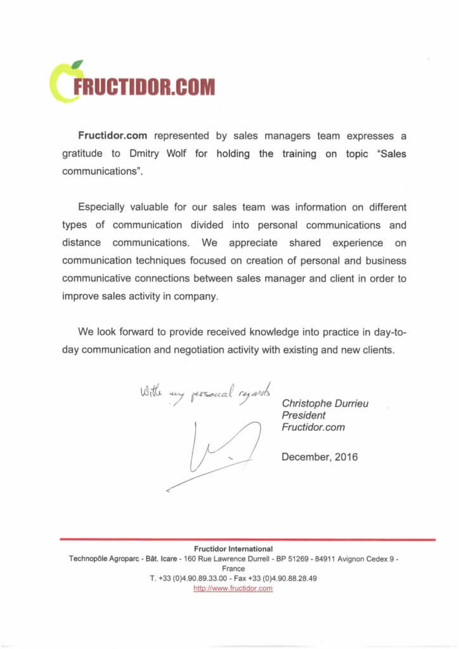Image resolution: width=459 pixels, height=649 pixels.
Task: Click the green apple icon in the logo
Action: click(x=61, y=82)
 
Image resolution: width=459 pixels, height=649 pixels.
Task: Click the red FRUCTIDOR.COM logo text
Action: click(x=144, y=87)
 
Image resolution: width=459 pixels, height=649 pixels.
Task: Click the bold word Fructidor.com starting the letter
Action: click(x=113, y=136)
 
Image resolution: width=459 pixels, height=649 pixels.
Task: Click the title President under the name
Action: click(x=304, y=415)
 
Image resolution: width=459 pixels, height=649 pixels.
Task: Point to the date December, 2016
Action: click(x=320, y=456)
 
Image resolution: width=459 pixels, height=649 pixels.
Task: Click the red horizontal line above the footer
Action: click(x=247, y=539)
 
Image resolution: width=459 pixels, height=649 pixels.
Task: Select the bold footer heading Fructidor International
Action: click(x=233, y=549)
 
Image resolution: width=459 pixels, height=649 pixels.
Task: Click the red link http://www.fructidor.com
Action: click(x=233, y=588)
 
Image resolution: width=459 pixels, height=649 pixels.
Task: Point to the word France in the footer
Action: click(x=233, y=569)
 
